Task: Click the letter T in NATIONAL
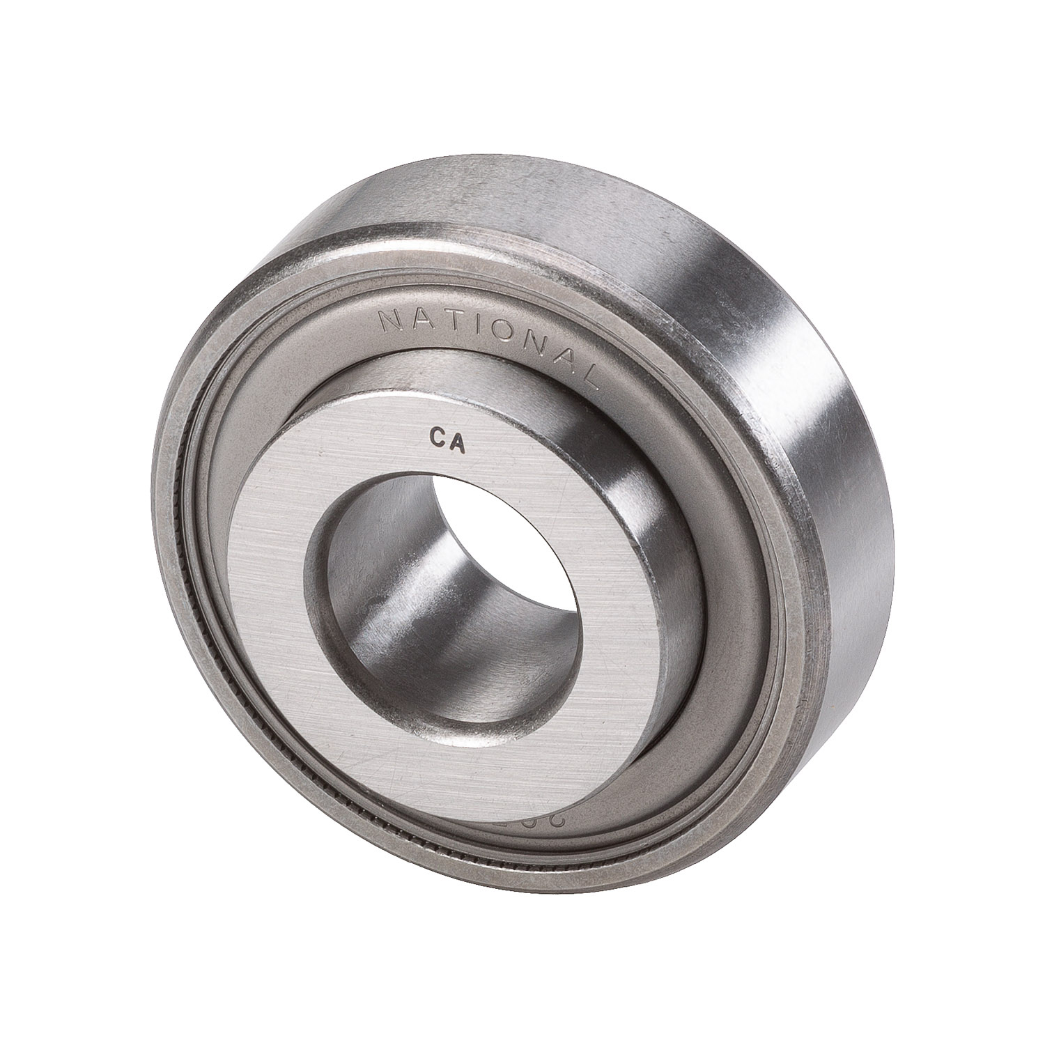[455, 320]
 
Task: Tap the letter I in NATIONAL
[479, 324]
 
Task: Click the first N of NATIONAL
[390, 320]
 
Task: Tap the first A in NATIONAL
[423, 318]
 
